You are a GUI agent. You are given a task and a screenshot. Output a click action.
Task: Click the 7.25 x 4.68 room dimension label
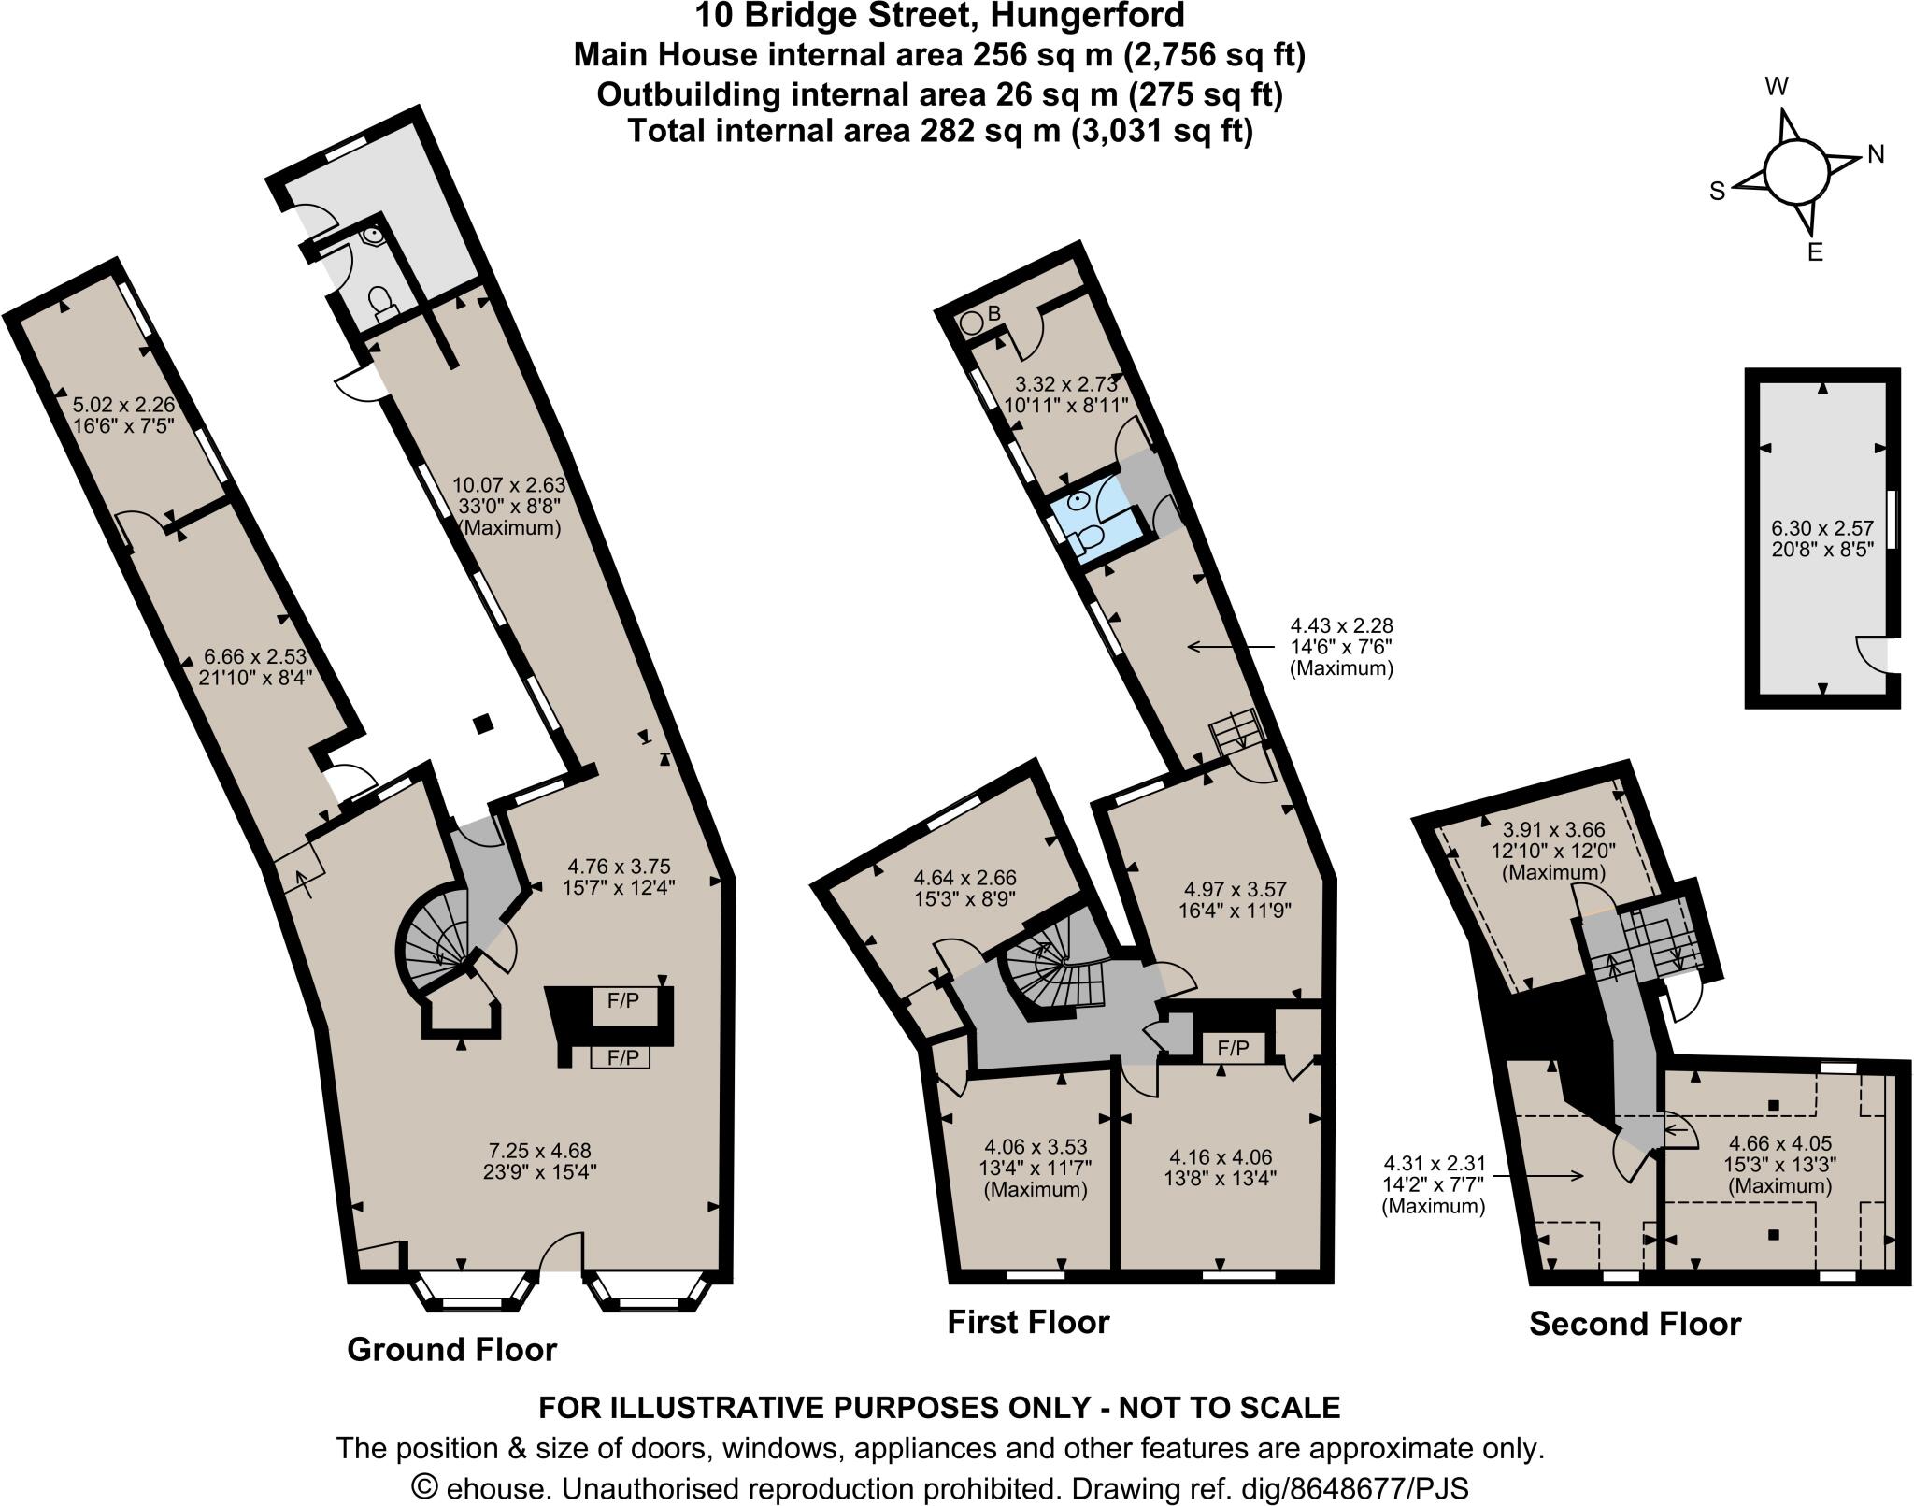point(540,1151)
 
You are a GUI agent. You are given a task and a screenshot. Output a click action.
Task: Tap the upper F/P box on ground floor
point(623,1000)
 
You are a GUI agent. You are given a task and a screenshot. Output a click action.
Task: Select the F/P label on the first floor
point(1233,1049)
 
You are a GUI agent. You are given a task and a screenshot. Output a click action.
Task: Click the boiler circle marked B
point(972,322)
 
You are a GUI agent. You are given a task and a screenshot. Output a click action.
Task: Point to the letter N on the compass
point(1875,154)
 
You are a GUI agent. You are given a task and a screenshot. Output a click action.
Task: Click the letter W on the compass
point(1776,87)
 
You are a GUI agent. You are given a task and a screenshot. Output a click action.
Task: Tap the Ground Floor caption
point(451,1349)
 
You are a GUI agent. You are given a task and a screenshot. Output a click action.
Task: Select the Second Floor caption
point(1635,1324)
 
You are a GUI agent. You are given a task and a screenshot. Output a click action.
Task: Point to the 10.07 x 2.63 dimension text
point(509,484)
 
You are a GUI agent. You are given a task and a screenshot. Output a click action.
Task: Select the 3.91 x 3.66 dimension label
point(1553,828)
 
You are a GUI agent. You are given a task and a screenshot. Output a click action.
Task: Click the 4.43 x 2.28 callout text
point(1341,626)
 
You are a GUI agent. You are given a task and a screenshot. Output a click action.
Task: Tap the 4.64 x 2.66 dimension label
point(964,878)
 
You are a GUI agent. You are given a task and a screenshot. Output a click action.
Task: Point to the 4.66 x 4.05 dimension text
point(1779,1142)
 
